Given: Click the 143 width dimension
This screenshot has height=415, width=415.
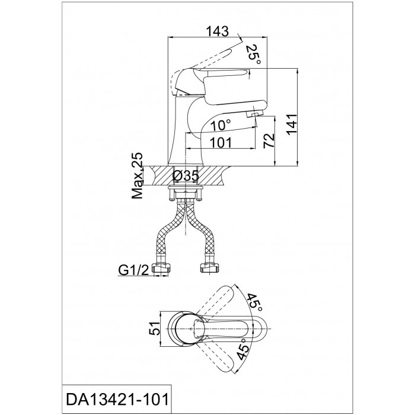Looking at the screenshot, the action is coord(217,31).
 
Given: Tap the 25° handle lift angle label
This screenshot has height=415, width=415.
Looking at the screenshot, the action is coord(253,55).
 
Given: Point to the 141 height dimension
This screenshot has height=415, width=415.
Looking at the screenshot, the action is coord(292,124).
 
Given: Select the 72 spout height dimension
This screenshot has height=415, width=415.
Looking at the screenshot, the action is coord(269,141).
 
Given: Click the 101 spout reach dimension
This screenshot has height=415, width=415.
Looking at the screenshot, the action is coord(221,143).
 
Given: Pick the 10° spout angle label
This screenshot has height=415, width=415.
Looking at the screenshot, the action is coord(221,125).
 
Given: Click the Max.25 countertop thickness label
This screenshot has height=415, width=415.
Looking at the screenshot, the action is coord(138,175).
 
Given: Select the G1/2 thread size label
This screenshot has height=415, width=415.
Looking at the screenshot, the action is coord(134,270).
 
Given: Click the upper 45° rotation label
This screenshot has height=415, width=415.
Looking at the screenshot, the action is coord(254,302).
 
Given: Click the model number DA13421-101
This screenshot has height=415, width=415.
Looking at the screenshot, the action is coord(117,400).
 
